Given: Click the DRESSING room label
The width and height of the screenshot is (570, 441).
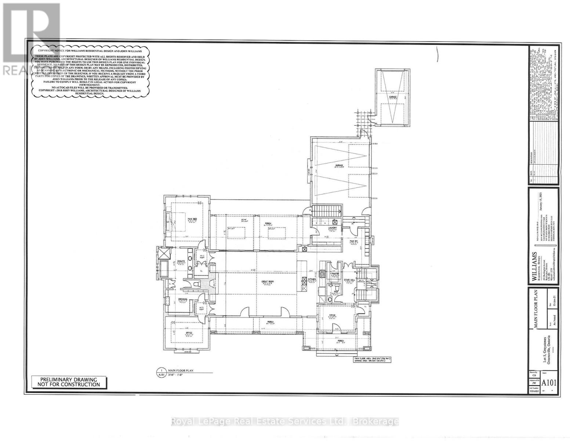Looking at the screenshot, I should coord(183,299).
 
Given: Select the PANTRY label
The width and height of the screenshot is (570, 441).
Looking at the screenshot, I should coord(335,274).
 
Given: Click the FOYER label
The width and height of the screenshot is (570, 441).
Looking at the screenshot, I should coord(332,315).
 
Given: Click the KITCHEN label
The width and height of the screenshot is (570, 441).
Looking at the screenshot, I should coord(312,280).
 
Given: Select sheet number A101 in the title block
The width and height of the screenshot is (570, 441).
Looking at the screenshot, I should coord(549,383).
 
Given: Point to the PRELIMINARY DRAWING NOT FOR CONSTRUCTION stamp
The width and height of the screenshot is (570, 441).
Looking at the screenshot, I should coord(68,382).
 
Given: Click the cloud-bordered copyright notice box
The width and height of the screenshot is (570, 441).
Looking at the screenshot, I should coord(90,71).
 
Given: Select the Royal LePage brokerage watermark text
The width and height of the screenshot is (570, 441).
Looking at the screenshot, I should coord(285,421).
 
